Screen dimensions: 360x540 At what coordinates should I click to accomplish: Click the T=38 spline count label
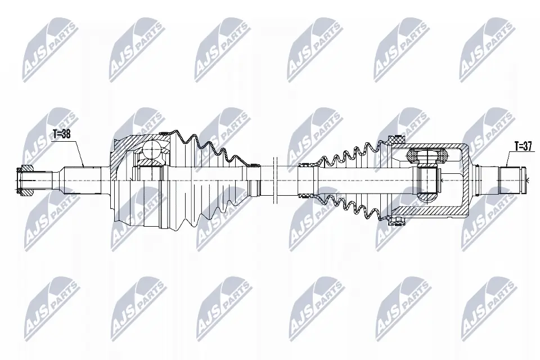62,134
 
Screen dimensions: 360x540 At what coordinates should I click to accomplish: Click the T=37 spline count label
523,146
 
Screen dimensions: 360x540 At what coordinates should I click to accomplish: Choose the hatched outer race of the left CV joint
121,152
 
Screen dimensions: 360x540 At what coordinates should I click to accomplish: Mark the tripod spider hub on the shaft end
428,180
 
